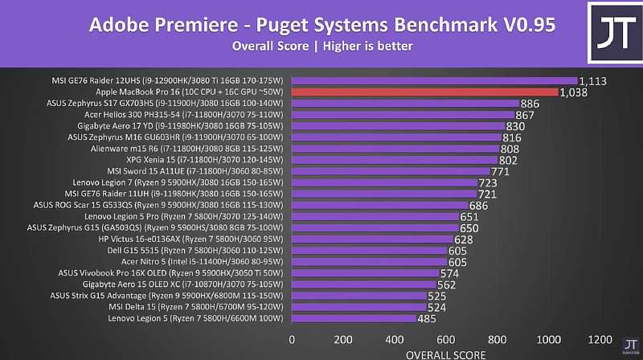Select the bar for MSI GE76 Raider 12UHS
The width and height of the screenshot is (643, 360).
click(x=434, y=80)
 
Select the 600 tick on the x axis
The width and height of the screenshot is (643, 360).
click(x=446, y=339)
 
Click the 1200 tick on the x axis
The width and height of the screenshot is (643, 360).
click(x=600, y=339)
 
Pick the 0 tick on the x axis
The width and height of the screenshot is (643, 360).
click(x=292, y=339)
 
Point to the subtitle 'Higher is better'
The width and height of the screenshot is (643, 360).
click(x=368, y=46)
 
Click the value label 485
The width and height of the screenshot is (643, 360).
click(x=427, y=319)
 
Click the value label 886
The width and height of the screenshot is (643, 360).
click(x=530, y=104)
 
